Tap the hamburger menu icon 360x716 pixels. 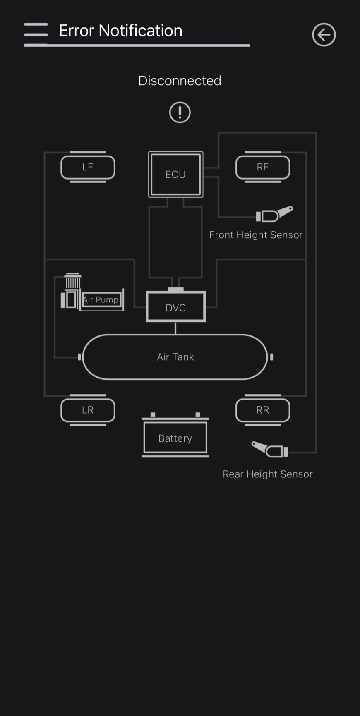[36, 30]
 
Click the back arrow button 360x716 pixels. [324, 34]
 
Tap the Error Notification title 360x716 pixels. [120, 31]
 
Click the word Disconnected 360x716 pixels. [180, 81]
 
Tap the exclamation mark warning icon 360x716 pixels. [180, 112]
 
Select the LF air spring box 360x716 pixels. [88, 167]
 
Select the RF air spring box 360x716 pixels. [262, 167]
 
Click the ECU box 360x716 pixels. [175, 174]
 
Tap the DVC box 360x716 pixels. [175, 307]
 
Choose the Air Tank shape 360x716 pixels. [175, 357]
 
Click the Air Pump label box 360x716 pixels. [101, 299]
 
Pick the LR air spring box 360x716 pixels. [88, 410]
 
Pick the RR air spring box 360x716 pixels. [262, 410]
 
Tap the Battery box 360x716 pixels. [175, 438]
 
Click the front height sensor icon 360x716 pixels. [274, 214]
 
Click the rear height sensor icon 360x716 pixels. [270, 449]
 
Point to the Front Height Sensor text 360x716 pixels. [256, 235]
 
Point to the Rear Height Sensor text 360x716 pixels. [267, 474]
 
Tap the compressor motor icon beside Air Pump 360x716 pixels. [71, 292]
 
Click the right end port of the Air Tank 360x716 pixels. [271, 357]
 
